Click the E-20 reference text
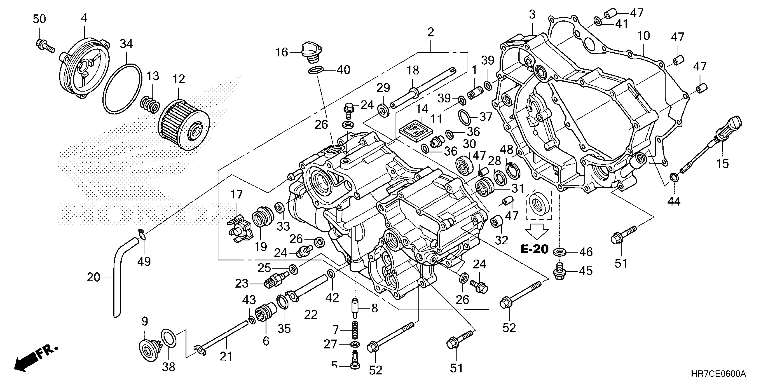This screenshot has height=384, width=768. (535, 249)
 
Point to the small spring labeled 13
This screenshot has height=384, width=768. (150, 105)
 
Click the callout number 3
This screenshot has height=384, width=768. (532, 14)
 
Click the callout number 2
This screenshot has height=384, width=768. (430, 32)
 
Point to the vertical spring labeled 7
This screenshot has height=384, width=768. (355, 330)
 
